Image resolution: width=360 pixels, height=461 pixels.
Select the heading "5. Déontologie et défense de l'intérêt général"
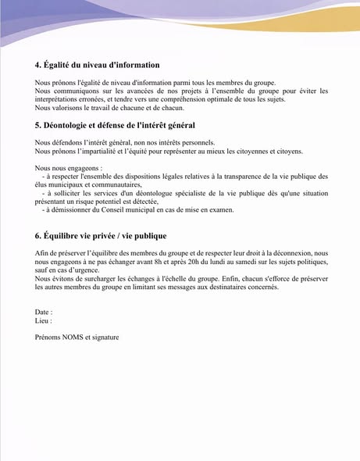coord(115,125)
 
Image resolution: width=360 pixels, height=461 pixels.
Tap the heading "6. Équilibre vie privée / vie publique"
coord(100,235)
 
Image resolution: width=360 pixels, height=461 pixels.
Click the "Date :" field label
coord(44,312)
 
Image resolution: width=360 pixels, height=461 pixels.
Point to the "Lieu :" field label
coord(43,320)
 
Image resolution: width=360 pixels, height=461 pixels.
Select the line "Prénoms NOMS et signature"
coord(77,338)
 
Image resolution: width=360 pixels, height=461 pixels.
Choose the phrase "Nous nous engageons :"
coord(69,168)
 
